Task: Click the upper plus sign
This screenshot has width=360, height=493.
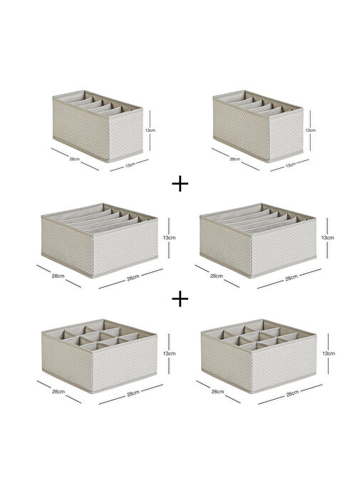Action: tap(180, 183)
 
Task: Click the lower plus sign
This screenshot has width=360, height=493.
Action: tap(180, 299)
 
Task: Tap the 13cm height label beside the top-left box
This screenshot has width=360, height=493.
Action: tap(150, 130)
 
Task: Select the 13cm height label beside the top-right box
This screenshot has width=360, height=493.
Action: tap(311, 130)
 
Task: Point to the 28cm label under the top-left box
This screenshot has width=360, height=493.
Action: tap(75, 159)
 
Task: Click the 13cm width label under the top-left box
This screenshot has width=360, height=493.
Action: tap(130, 164)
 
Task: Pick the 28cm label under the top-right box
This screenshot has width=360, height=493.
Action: tap(235, 159)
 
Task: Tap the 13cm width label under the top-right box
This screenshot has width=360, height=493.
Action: tap(290, 164)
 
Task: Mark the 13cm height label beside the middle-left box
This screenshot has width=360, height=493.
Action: tap(169, 238)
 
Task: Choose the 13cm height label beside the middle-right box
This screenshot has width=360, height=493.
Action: tap(328, 238)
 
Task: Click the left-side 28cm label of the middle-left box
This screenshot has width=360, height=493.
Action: tap(58, 276)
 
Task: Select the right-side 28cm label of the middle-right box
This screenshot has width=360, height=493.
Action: tap(292, 278)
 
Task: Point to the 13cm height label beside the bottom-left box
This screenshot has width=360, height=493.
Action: tap(169, 353)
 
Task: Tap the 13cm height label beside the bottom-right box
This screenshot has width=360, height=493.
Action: tap(329, 353)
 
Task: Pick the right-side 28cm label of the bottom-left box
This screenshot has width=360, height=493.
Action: tap(133, 393)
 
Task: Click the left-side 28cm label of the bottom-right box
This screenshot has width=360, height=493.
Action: tap(217, 392)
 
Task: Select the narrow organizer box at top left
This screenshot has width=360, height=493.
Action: tap(98, 126)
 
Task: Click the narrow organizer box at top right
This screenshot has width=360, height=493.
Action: tap(258, 126)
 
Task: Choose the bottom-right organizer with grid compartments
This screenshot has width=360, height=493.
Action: tap(258, 356)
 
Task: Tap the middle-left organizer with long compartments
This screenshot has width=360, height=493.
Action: tap(99, 241)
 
